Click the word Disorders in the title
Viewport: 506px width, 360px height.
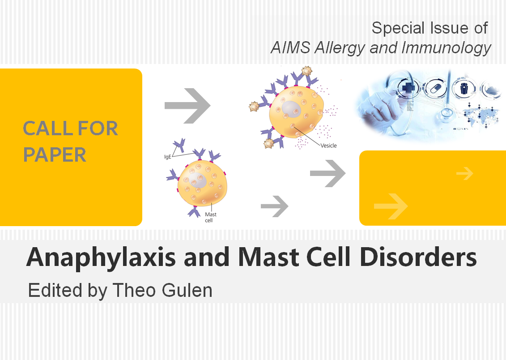[x=418, y=257]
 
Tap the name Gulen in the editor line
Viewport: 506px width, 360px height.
[x=187, y=290]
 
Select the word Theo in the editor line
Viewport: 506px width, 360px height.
[x=135, y=290]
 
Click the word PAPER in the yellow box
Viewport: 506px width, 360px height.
[x=55, y=154]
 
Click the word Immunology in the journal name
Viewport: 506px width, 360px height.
[x=446, y=48]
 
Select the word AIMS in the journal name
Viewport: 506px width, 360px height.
[x=290, y=48]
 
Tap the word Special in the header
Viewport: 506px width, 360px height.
[x=398, y=29]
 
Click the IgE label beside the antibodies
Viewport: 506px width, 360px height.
[x=167, y=157]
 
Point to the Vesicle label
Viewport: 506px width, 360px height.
[x=328, y=146]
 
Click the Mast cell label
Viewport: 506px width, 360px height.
[x=210, y=217]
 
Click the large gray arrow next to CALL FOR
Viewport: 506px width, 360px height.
[x=187, y=106]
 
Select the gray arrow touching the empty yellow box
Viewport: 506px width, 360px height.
[x=327, y=173]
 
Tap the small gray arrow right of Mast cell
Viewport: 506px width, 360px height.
[x=274, y=206]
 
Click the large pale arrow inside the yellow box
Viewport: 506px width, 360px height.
[x=391, y=206]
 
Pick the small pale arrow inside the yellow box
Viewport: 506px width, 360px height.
[x=465, y=173]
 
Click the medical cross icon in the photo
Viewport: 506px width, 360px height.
[x=408, y=87]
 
